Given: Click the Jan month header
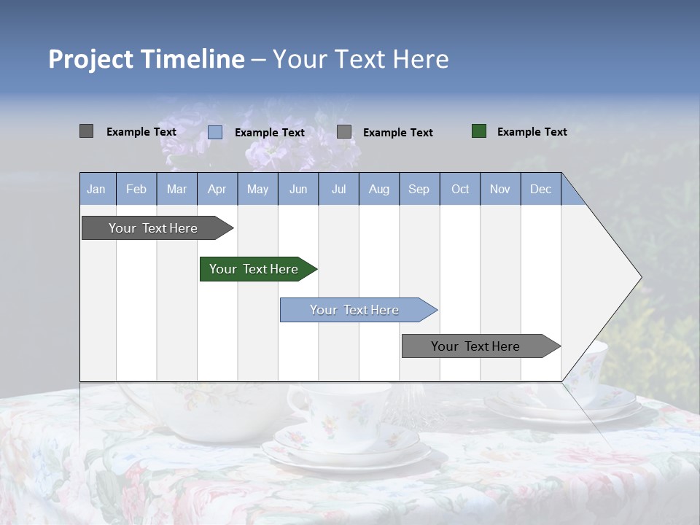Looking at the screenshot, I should [96, 189].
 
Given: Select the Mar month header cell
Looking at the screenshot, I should [176, 189].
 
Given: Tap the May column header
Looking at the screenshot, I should [257, 189].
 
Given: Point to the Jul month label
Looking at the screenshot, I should [338, 189].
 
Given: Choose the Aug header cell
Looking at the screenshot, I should [378, 189].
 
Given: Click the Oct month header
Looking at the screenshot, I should [460, 189].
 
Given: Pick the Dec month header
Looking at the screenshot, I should [540, 189].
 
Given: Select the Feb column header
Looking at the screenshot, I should [136, 189].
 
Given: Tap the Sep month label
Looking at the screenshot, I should [419, 189].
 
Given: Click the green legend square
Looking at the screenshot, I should [479, 131].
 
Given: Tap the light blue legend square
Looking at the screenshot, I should [215, 132].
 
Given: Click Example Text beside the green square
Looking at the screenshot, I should [532, 131].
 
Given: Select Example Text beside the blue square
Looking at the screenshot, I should [269, 132].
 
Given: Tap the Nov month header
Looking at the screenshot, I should [500, 189].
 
